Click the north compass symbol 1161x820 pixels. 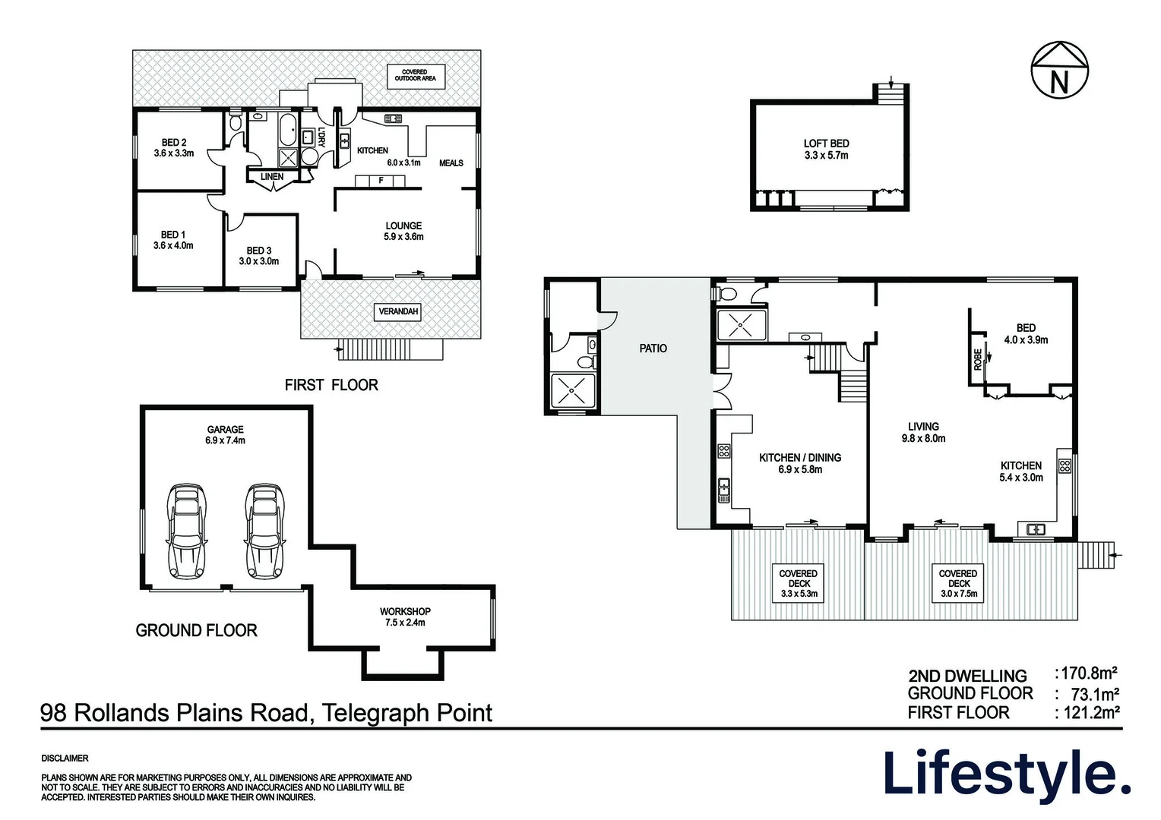(x=1058, y=71)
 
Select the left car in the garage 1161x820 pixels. (x=186, y=529)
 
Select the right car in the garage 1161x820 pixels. (x=265, y=529)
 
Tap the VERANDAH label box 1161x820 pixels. (x=398, y=312)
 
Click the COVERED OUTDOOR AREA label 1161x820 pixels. (x=415, y=76)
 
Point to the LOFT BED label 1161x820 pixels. (x=826, y=149)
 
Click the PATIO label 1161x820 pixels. (x=653, y=348)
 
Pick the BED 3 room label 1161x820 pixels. (x=258, y=256)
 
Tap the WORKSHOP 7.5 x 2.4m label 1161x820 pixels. (x=405, y=617)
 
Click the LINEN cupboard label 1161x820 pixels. (x=272, y=177)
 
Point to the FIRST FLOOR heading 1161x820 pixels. (x=331, y=386)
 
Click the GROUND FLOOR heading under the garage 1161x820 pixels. (x=196, y=631)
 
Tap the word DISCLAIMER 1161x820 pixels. (x=65, y=758)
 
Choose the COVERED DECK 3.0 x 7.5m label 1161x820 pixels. (x=957, y=584)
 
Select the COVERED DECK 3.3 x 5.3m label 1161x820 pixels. (x=798, y=584)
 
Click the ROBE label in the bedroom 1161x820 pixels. (x=978, y=359)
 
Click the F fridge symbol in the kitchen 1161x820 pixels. (x=381, y=181)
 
